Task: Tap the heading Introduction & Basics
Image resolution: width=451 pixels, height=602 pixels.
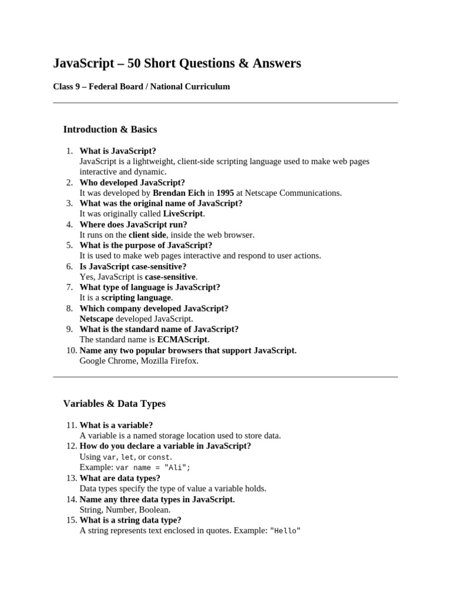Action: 110,129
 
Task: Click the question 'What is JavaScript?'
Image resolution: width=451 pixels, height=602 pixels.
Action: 118,151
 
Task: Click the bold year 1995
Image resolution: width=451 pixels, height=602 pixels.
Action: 225,193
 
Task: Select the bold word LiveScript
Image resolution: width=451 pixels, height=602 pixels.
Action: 183,214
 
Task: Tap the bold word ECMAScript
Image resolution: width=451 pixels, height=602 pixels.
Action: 183,340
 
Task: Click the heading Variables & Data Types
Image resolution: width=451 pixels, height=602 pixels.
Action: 115,404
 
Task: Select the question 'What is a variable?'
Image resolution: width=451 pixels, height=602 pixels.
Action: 116,425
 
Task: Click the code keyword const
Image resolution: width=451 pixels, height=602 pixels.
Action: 159,457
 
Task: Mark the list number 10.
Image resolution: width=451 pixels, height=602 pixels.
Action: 70,350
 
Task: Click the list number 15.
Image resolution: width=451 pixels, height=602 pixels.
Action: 70,520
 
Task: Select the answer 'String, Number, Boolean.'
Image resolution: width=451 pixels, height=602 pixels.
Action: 125,510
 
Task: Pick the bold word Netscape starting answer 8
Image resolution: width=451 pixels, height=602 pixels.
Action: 96,319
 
